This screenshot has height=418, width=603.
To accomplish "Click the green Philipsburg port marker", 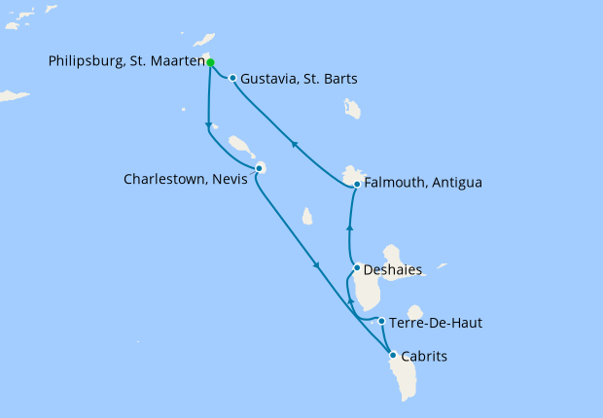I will tap(210, 61).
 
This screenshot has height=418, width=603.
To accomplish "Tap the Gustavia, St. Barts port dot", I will tap(232, 78).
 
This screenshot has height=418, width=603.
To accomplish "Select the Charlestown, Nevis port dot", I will tap(259, 169).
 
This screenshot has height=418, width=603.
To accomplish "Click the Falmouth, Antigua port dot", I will tap(357, 184).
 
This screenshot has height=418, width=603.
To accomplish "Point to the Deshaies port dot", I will tap(358, 268).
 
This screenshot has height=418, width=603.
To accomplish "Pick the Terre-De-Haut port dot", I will tap(382, 322).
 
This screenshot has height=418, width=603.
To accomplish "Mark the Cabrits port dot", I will tap(392, 355).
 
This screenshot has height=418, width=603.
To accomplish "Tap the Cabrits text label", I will tap(424, 357).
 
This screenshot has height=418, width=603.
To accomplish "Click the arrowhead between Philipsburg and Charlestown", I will tap(209, 123).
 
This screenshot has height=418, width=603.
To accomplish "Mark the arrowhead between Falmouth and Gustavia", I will tap(295, 145).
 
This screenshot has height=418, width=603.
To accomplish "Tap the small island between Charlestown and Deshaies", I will tap(307, 216).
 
